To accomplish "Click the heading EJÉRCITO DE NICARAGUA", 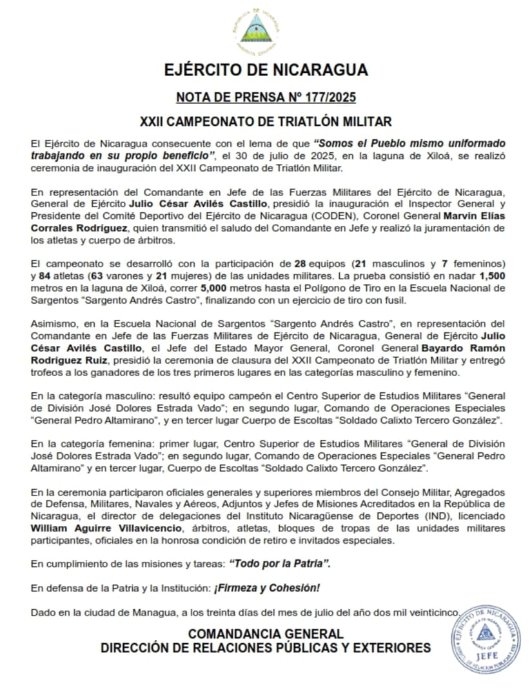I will (x=266, y=70).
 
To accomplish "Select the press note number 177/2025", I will (x=266, y=98).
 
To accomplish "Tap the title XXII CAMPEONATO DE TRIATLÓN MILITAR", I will (x=266, y=121).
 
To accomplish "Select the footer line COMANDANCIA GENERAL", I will (x=266, y=634).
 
